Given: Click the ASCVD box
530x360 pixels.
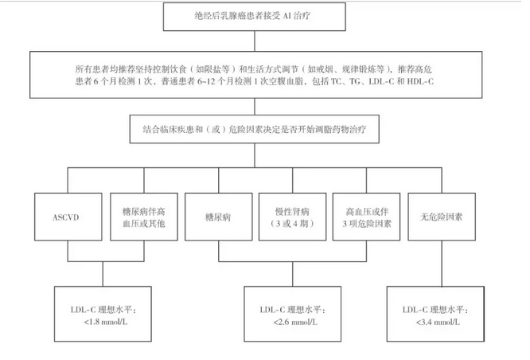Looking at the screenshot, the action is (x=68, y=217).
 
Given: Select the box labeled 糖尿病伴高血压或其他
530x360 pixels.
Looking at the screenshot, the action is (x=144, y=217).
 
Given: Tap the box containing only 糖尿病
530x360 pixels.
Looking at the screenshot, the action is (x=218, y=217).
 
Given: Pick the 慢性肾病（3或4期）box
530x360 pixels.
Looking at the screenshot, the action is (x=292, y=217).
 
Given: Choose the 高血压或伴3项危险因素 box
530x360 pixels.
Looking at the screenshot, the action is (x=366, y=217).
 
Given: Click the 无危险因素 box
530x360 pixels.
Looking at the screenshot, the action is (x=442, y=217).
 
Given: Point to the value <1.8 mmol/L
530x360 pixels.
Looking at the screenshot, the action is (x=106, y=322).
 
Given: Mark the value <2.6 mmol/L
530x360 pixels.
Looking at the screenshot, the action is (x=295, y=322).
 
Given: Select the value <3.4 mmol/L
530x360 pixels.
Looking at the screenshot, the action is (x=438, y=322).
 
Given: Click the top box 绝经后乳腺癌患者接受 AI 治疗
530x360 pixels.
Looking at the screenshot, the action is (x=255, y=17).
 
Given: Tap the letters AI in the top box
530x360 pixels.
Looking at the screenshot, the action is (x=286, y=16).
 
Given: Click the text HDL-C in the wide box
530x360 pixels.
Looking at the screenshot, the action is (x=420, y=81).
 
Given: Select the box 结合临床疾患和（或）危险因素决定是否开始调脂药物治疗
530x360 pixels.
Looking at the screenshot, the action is (x=255, y=129).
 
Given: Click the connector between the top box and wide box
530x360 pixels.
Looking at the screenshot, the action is (x=255, y=41).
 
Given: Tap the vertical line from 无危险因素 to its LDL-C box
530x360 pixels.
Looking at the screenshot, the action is (x=442, y=264).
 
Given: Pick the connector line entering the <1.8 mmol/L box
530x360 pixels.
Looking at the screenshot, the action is (x=103, y=274).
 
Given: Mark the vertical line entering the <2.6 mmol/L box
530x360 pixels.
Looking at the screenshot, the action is (x=293, y=274).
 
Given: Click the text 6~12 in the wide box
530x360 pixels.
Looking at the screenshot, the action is (x=206, y=81).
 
